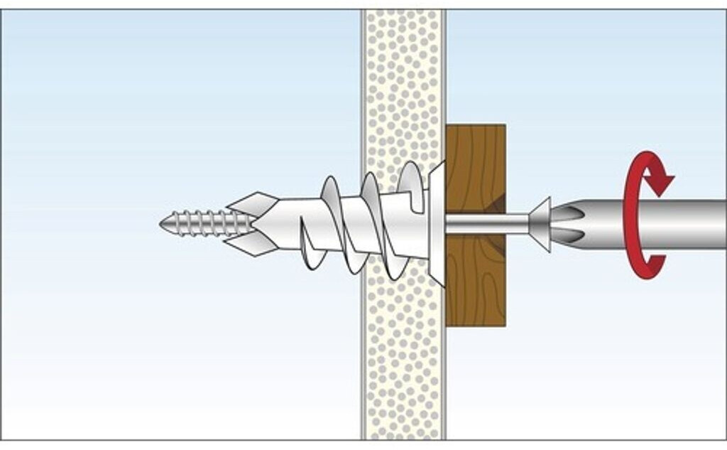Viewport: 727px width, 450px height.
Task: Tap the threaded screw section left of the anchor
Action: coord(202,223)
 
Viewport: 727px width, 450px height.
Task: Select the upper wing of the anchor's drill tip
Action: coord(254,203)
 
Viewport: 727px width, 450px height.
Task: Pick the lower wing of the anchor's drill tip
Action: coord(254,245)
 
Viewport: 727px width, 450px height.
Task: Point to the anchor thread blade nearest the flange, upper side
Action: coord(412,178)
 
